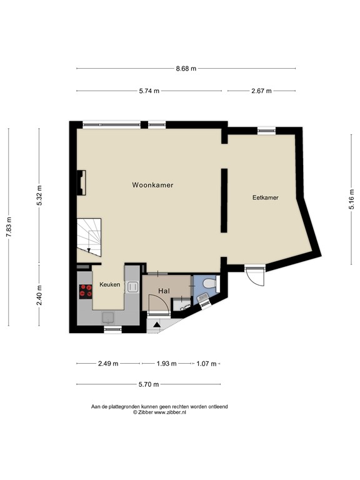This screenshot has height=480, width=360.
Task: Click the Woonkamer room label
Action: click(x=152, y=186)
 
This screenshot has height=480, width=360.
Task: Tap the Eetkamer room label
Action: click(x=265, y=197)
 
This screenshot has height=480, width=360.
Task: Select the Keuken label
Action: click(x=109, y=284)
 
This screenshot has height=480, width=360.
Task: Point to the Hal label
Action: click(x=164, y=291)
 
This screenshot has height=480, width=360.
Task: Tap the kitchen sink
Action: click(x=132, y=287)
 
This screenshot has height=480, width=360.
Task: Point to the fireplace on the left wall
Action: click(x=81, y=183)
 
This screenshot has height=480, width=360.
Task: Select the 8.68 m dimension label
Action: click(x=186, y=68)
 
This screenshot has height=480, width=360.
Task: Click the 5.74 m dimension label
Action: click(x=149, y=91)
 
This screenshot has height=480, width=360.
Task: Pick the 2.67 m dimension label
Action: click(x=261, y=91)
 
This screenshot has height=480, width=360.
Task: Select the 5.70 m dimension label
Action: click(x=148, y=384)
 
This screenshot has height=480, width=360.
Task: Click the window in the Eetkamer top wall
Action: click(x=266, y=129)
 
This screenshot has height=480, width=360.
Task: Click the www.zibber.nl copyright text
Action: click(x=159, y=412)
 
